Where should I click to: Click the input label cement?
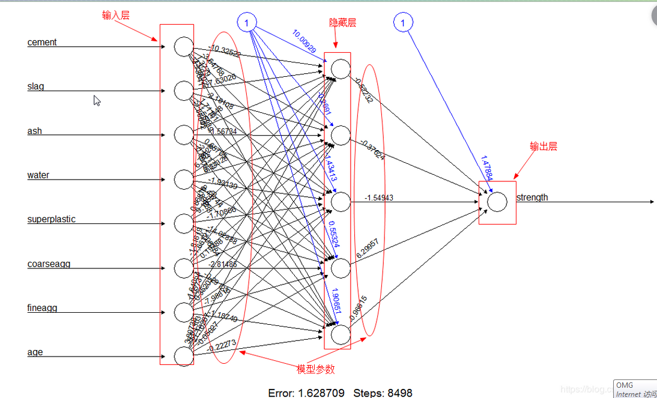coord(42,42)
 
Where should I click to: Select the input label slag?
coord(35,86)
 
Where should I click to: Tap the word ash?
coord(34,131)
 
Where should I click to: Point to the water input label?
coord(38,175)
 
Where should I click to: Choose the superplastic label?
coord(51,219)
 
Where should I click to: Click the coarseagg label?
coord(49,264)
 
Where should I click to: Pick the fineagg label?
coord(42,308)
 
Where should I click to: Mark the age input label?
coord(35,352)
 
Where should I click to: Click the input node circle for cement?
coord(184,46)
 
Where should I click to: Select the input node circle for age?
coord(184,356)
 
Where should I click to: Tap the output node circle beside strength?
coord(497,202)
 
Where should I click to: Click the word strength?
coord(532,197)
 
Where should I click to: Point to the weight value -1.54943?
coord(378,197)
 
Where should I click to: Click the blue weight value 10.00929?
coord(304,41)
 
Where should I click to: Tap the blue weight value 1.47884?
coord(486,169)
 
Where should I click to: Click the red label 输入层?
coord(116,16)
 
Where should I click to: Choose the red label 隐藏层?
coord(342,23)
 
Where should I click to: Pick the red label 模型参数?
coord(316,369)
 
